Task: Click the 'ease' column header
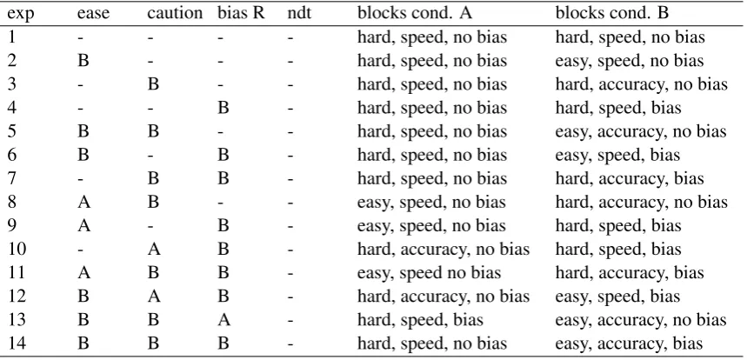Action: click(x=93, y=14)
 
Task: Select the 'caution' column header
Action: click(x=175, y=13)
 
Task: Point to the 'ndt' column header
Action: click(x=299, y=13)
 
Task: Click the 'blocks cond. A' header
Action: click(x=415, y=13)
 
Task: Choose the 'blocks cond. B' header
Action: click(x=612, y=13)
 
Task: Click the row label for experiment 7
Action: click(x=13, y=178)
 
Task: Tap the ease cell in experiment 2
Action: click(x=83, y=61)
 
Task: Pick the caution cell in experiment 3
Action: click(x=153, y=84)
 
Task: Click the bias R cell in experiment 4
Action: click(x=223, y=108)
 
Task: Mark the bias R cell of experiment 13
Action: click(x=223, y=319)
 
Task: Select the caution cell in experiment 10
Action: click(x=154, y=249)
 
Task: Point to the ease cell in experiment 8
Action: click(x=83, y=202)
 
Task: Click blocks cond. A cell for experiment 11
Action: click(x=430, y=273)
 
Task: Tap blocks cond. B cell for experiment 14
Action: click(x=630, y=343)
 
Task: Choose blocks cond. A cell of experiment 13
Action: click(x=421, y=320)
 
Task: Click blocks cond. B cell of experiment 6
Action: click(x=618, y=155)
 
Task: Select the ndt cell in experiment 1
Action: click(x=290, y=37)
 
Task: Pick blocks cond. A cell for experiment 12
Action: click(x=444, y=297)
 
